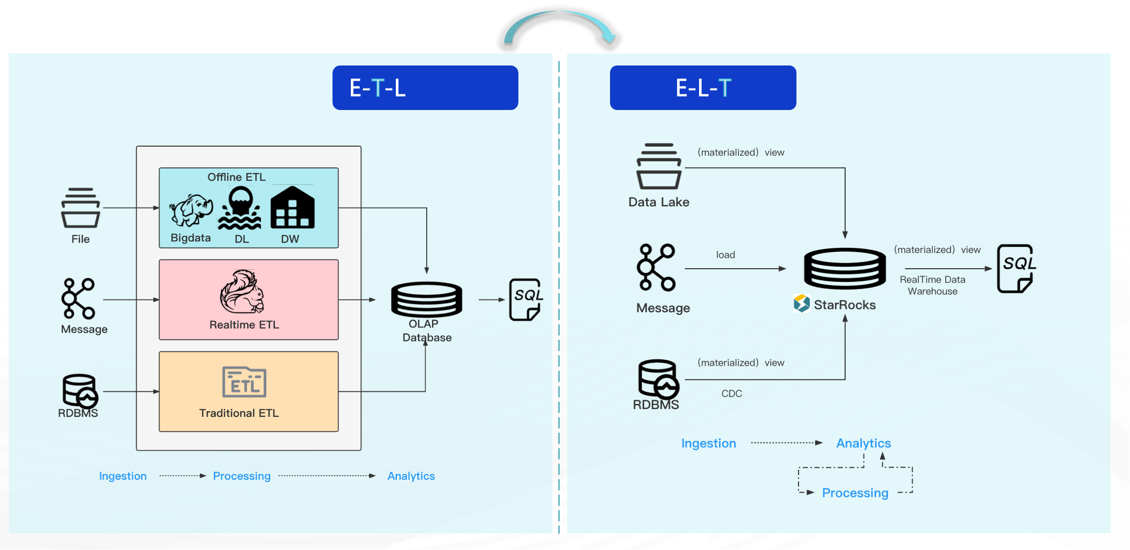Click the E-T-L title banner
[425, 87]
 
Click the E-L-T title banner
[703, 87]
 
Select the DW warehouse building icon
[292, 208]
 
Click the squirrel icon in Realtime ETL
[242, 291]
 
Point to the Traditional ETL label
[239, 413]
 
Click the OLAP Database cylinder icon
[426, 299]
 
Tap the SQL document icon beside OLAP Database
[525, 300]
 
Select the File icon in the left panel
[81, 207]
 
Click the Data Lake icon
[659, 166]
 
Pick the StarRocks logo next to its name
[801, 304]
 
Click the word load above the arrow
[725, 255]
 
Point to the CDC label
[732, 393]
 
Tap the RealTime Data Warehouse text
[932, 285]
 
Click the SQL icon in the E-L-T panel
[1016, 268]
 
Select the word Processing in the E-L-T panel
[855, 493]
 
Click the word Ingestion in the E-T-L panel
[123, 476]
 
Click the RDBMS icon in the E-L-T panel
[658, 378]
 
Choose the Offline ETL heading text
[236, 177]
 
